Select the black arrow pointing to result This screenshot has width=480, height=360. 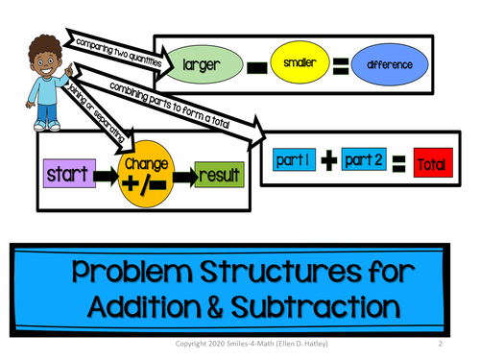coord(183,177)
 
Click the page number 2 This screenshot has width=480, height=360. coord(438,343)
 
